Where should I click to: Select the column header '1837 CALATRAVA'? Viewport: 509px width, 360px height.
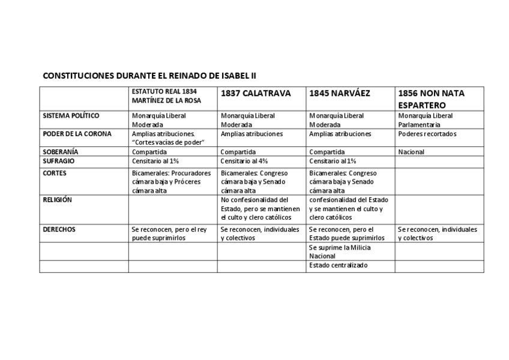256,94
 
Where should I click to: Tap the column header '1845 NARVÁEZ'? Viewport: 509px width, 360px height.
340,94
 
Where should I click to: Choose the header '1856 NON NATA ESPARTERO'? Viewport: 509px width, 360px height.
431,99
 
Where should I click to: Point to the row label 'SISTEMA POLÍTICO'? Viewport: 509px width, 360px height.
71,115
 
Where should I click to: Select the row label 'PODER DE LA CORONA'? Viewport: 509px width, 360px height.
77,134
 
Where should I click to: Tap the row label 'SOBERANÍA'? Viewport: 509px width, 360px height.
61,152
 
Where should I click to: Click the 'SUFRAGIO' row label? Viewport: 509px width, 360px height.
59,161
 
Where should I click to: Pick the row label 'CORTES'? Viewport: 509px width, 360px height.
55,173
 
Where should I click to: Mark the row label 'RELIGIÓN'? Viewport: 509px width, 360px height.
57,200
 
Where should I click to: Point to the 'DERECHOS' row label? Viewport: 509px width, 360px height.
59,229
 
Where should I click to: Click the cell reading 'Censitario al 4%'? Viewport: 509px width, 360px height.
244,161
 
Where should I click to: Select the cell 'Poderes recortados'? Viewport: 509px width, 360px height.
427,134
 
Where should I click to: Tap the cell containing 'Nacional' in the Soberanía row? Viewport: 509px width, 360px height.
411,152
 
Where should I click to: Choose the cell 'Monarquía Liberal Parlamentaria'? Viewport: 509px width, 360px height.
425,120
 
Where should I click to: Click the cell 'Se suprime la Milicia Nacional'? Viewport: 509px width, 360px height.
340,251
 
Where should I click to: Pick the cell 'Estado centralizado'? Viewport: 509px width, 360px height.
339,265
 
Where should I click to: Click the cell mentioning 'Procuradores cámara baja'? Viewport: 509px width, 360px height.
172,181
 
